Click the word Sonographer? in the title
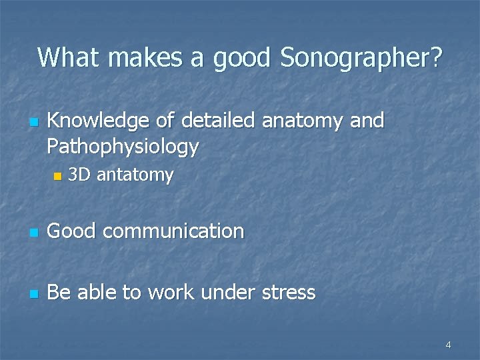(x=361, y=58)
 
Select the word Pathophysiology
(x=123, y=147)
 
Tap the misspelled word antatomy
(x=135, y=176)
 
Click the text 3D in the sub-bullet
(x=79, y=175)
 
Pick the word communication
(x=174, y=231)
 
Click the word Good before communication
(x=73, y=231)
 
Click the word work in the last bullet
(x=169, y=292)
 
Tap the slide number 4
(x=448, y=345)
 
